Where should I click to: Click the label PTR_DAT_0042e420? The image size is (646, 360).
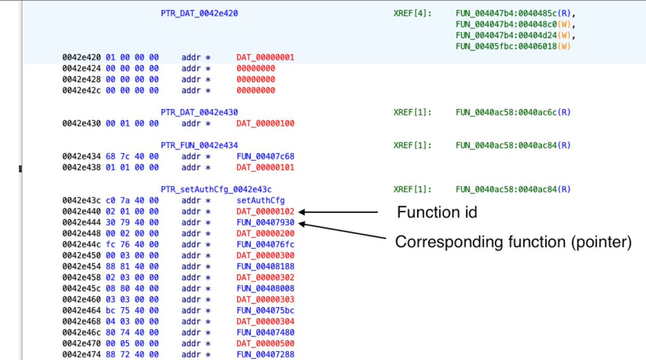click(x=199, y=13)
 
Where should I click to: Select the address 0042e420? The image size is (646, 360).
click(x=79, y=57)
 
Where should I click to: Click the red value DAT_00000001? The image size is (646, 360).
click(x=265, y=57)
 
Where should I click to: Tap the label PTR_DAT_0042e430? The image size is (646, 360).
click(x=199, y=112)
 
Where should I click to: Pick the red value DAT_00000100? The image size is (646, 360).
click(x=265, y=123)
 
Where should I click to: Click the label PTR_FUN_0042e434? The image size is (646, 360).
click(x=199, y=145)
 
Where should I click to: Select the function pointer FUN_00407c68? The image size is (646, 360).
click(x=265, y=156)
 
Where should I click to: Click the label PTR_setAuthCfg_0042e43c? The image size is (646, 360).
click(x=216, y=189)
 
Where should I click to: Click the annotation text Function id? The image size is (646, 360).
click(x=437, y=213)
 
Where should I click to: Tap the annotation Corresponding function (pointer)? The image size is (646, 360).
click(x=512, y=242)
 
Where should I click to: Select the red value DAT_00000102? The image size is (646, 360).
click(x=265, y=211)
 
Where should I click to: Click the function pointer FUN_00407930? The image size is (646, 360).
click(x=265, y=222)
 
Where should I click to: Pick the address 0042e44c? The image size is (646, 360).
click(x=79, y=244)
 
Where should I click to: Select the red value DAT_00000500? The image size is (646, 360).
click(x=265, y=343)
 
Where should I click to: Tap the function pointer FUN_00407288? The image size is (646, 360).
click(x=265, y=354)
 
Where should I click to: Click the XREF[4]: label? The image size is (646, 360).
click(x=412, y=13)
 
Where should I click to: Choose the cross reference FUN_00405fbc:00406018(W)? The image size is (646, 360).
click(x=512, y=46)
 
